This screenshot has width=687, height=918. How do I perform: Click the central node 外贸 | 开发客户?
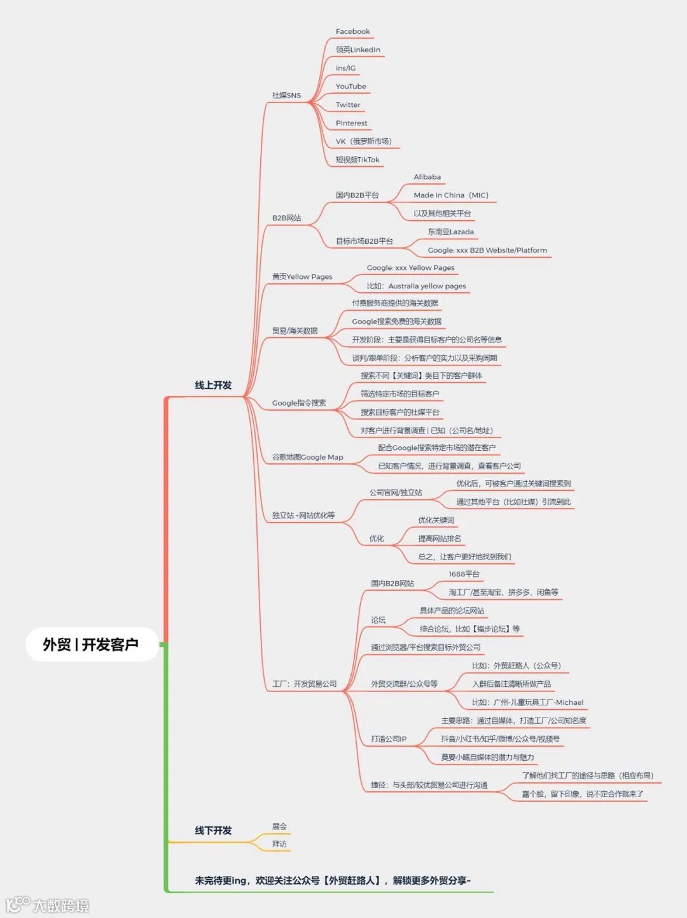pos(91,644)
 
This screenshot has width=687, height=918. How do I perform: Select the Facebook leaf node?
pos(352,31)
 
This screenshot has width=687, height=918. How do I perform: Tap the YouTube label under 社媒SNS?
pos(350,87)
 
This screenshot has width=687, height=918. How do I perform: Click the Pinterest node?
pos(351,124)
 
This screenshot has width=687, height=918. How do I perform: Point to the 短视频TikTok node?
pos(357,160)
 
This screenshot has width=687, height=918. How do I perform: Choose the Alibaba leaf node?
pos(427,177)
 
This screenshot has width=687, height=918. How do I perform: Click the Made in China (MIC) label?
pos(450,195)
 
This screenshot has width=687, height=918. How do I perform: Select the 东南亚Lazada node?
pos(450,232)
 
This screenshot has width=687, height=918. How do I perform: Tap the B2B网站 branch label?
pos(286,218)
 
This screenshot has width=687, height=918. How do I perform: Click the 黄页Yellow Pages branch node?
pos(302,277)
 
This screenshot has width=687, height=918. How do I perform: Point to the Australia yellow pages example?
pos(416,286)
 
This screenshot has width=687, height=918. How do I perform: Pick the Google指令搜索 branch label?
pos(299,403)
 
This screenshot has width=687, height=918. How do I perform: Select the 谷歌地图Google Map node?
pos(307,457)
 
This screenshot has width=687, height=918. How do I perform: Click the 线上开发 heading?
pos(213,385)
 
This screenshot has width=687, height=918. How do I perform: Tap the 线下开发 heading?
pos(213,830)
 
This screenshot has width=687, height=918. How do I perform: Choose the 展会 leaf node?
pos(279,826)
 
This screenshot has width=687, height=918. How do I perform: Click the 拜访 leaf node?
pos(279,844)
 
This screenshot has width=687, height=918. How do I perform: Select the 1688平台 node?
pos(464,574)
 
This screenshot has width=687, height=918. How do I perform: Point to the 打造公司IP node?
pos(388,739)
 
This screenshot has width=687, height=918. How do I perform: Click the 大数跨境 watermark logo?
pos(48,905)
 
